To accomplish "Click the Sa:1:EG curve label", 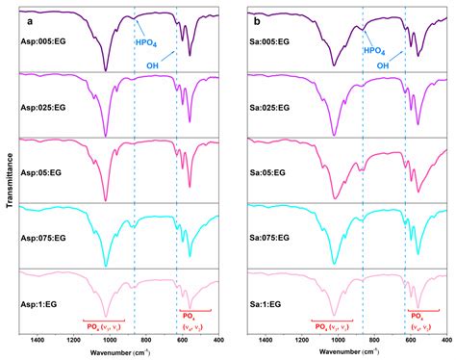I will tap(266, 303).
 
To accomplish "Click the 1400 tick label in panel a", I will tap(38, 341).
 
